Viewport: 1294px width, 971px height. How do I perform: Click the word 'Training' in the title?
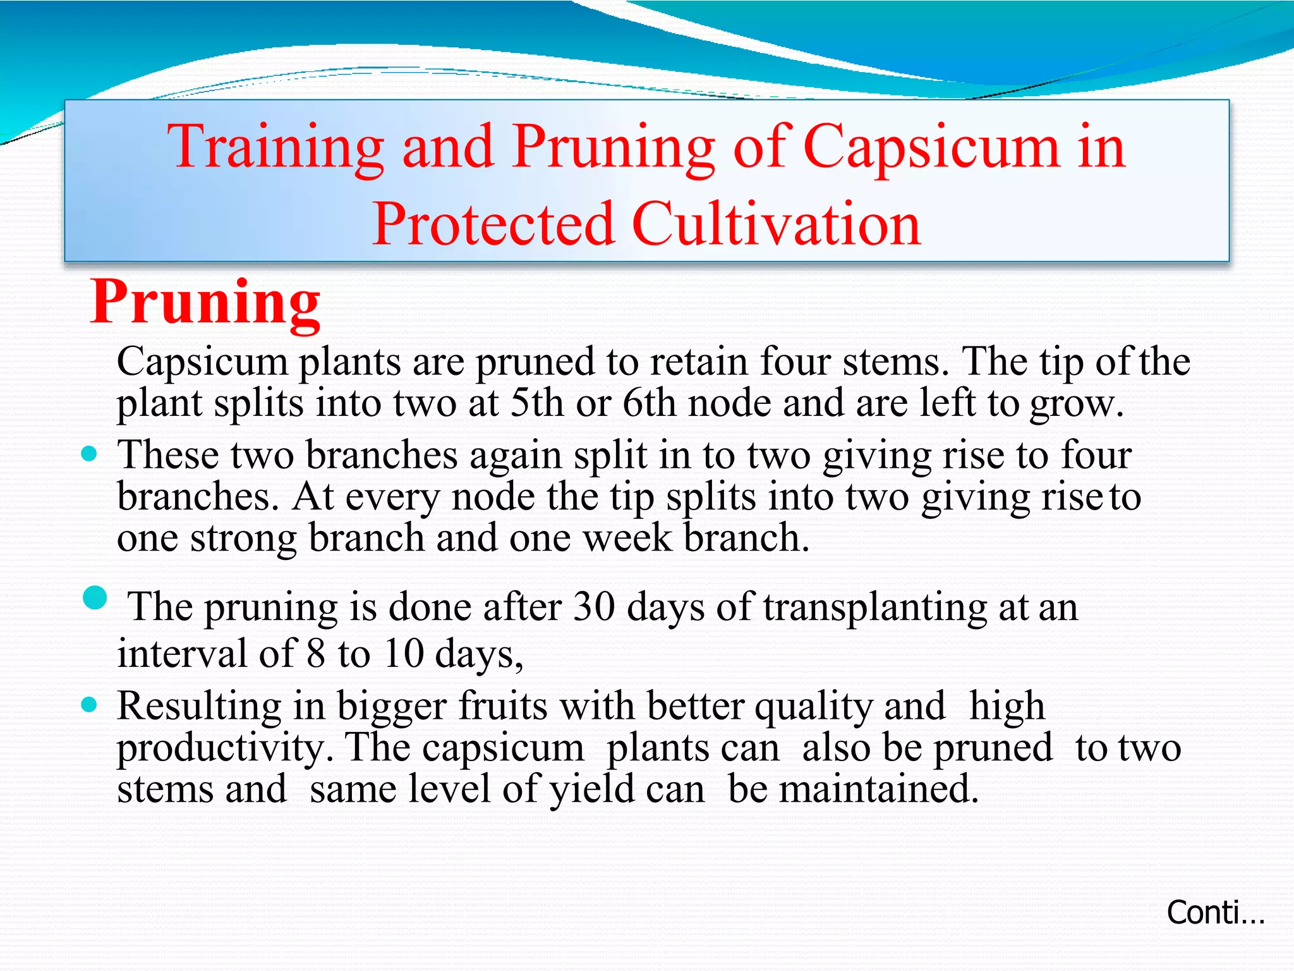pos(275,147)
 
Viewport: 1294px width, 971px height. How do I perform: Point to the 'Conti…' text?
pos(1214,913)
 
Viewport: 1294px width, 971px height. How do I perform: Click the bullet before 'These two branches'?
pos(90,453)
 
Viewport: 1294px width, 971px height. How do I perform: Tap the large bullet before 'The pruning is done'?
pos(95,597)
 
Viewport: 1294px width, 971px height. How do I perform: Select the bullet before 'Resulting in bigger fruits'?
pos(90,704)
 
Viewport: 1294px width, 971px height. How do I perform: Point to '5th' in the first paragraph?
pos(536,403)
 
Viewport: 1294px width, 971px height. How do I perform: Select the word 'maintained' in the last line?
pos(878,790)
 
